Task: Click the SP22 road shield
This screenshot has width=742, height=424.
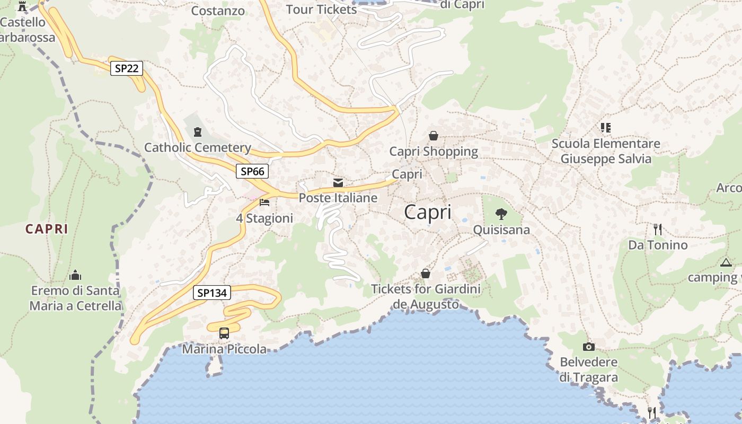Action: [x=127, y=68]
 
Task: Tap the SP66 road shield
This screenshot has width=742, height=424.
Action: [x=252, y=171]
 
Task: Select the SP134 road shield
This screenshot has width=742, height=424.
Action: [x=212, y=293]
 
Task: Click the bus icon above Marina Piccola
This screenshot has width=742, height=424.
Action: [x=224, y=333]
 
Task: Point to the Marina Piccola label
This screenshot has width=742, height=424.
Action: [x=224, y=349]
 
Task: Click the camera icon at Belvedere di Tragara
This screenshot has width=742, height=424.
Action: [x=588, y=347]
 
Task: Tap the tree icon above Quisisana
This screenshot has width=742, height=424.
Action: [x=501, y=215]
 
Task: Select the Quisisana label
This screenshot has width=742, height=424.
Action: [x=501, y=230]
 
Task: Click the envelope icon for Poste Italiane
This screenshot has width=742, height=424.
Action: [x=338, y=183]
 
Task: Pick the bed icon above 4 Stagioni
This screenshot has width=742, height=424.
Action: [x=264, y=202]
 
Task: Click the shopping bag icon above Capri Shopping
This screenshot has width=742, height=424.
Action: [x=434, y=136]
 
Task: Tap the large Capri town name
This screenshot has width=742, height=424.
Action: [x=428, y=213]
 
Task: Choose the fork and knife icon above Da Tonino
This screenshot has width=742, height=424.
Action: [x=658, y=229]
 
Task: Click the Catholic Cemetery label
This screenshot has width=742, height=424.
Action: [x=198, y=147]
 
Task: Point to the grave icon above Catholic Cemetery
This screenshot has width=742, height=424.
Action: [x=198, y=131]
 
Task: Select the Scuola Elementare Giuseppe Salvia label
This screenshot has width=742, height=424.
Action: [x=606, y=151]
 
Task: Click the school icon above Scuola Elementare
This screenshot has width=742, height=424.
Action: [x=606, y=127]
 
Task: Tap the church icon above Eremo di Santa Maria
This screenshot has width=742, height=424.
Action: [x=75, y=275]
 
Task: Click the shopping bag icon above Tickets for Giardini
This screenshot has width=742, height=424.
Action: [x=425, y=273]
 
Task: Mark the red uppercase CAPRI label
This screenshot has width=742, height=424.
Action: [x=47, y=229]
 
